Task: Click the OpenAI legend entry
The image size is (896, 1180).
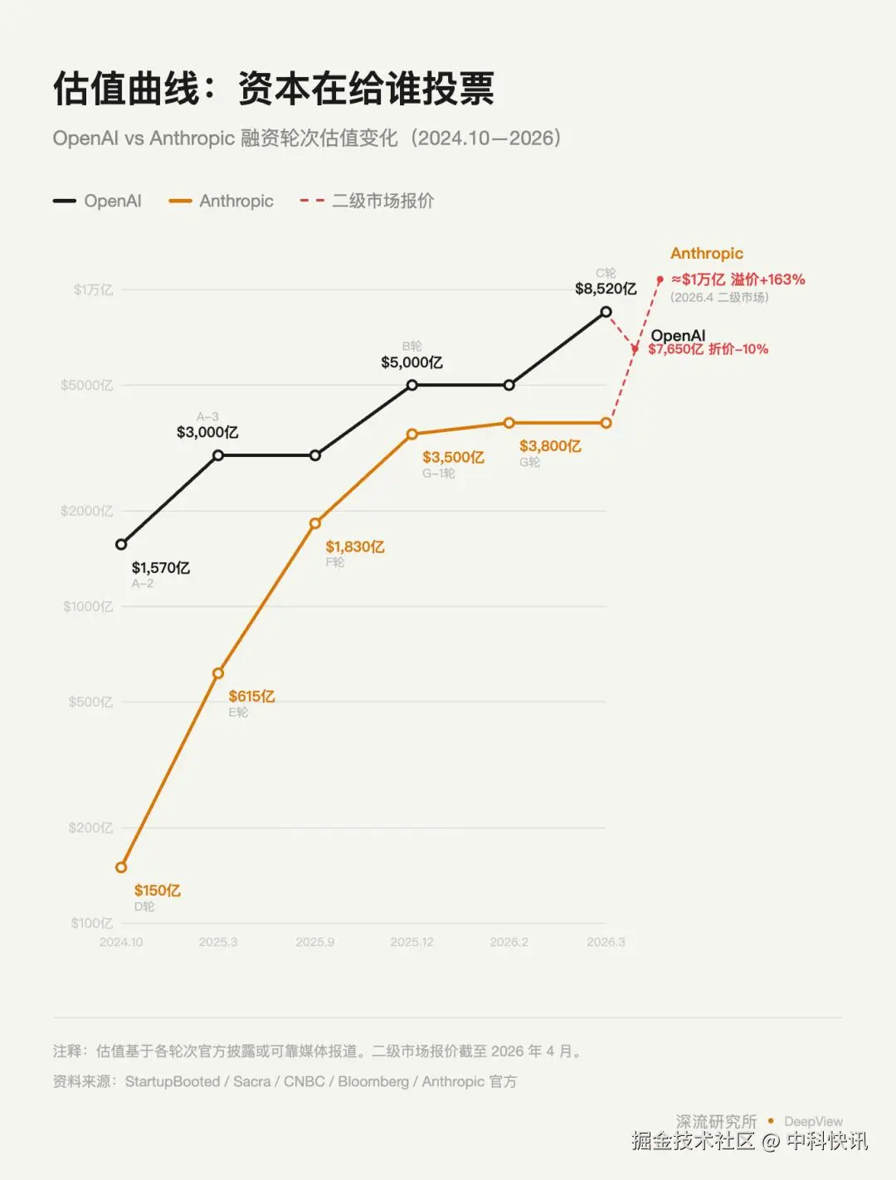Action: tap(98, 201)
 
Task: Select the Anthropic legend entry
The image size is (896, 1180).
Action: tap(221, 201)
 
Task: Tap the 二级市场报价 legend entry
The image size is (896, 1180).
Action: tap(368, 201)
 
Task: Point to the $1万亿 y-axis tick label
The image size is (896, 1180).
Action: tap(93, 289)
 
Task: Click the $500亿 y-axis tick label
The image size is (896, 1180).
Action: tap(90, 702)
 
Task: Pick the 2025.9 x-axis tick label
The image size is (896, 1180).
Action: tap(315, 942)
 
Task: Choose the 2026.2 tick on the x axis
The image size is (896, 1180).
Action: tap(509, 942)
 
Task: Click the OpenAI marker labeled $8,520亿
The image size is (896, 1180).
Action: tap(606, 312)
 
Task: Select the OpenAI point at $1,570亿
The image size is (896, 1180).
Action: tap(121, 544)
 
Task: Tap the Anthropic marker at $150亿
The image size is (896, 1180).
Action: tap(121, 867)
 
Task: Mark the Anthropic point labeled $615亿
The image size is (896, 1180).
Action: tap(218, 673)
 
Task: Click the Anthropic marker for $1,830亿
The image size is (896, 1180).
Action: tap(315, 523)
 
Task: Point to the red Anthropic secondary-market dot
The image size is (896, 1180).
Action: tap(660, 280)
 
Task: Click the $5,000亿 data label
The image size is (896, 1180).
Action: tap(411, 362)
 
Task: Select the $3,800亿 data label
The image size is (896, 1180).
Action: tap(550, 446)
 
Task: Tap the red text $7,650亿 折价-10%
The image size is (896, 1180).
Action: tap(709, 349)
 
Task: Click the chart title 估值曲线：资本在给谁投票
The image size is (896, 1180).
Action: tap(274, 89)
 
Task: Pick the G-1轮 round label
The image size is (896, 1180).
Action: tap(438, 473)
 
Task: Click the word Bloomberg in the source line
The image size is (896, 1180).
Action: tap(373, 1081)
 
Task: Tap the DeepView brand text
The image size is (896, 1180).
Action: tap(813, 1122)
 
